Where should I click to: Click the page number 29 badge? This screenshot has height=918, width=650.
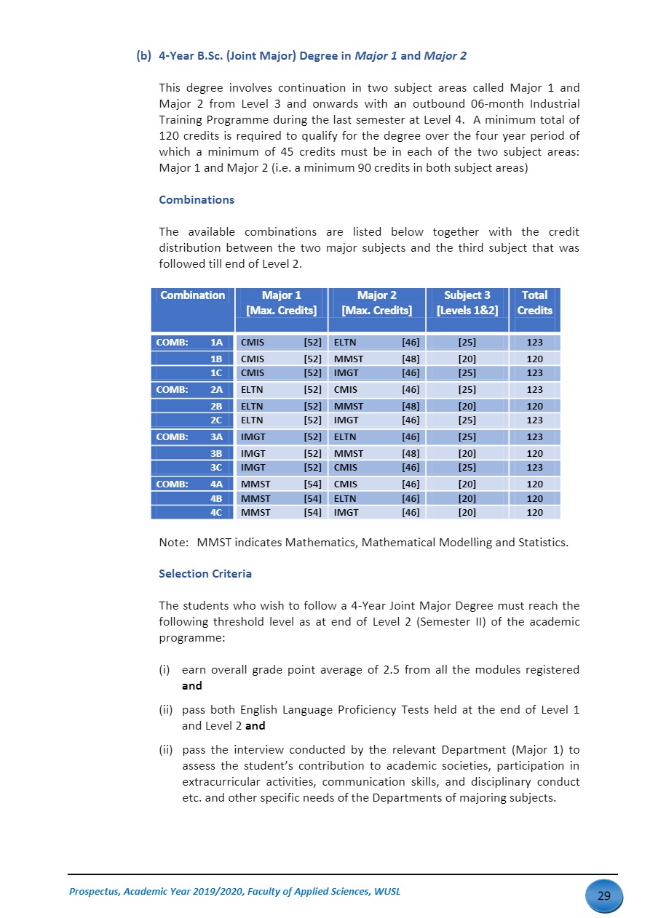[603, 895]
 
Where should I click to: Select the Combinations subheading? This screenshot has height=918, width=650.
[197, 200]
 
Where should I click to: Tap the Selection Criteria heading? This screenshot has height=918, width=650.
[205, 574]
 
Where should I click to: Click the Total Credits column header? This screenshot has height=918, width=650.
[534, 303]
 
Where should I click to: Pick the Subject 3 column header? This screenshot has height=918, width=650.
[467, 303]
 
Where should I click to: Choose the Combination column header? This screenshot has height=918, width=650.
[192, 295]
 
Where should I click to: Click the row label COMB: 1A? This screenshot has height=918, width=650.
[191, 342]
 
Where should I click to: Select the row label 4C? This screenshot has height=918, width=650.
[215, 512]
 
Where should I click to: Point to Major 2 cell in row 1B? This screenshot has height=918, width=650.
[376, 359]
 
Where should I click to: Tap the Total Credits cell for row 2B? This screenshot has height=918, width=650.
[534, 406]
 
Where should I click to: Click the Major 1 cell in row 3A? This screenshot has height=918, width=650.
[280, 437]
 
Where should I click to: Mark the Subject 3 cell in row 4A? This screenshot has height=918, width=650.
[467, 484]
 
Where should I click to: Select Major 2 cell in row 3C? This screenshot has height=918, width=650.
[376, 468]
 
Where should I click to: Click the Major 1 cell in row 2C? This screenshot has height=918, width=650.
[280, 420]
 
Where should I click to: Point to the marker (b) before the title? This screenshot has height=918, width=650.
[143, 56]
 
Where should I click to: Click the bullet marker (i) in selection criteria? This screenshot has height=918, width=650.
[165, 670]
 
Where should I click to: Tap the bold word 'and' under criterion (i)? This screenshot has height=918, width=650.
[191, 686]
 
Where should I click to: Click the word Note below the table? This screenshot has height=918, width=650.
[173, 543]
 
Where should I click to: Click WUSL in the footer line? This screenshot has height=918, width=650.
[387, 892]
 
